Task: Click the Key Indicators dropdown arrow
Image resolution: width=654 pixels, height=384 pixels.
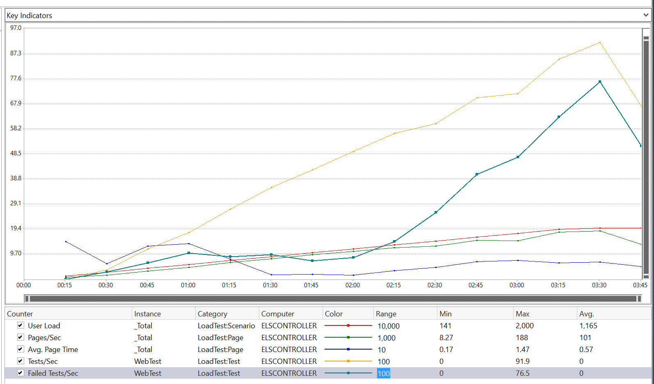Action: (x=646, y=15)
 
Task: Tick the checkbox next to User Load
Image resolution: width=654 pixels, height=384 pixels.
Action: (x=21, y=325)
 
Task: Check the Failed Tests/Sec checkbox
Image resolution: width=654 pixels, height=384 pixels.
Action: (x=21, y=373)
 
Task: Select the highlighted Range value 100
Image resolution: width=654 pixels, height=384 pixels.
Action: (x=384, y=373)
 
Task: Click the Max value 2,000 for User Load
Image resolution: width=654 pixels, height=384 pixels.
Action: (x=524, y=326)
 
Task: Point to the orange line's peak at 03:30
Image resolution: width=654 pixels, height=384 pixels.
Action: (x=600, y=42)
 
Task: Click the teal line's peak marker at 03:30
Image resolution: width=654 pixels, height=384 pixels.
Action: (x=600, y=82)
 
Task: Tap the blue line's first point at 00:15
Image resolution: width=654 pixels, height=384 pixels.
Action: (x=66, y=241)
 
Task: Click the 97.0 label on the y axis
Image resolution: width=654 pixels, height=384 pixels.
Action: (x=16, y=28)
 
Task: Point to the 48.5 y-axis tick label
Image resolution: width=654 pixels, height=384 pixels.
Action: (x=16, y=153)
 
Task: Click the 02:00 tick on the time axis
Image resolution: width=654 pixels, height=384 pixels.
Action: (x=352, y=285)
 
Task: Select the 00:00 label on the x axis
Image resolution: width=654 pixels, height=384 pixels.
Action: (x=23, y=285)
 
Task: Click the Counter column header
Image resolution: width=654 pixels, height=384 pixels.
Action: (x=20, y=314)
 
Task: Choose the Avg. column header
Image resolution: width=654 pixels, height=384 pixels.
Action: (x=586, y=314)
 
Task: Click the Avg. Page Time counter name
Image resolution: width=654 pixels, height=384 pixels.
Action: (x=53, y=350)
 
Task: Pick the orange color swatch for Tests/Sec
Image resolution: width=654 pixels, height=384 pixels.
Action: (x=348, y=361)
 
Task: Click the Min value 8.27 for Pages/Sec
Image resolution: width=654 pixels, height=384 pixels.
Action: (x=446, y=338)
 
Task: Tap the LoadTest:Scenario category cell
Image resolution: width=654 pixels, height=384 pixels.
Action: (x=226, y=326)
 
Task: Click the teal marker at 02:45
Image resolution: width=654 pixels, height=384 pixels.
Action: (x=477, y=174)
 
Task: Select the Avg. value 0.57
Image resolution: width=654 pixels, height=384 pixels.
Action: (x=586, y=350)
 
